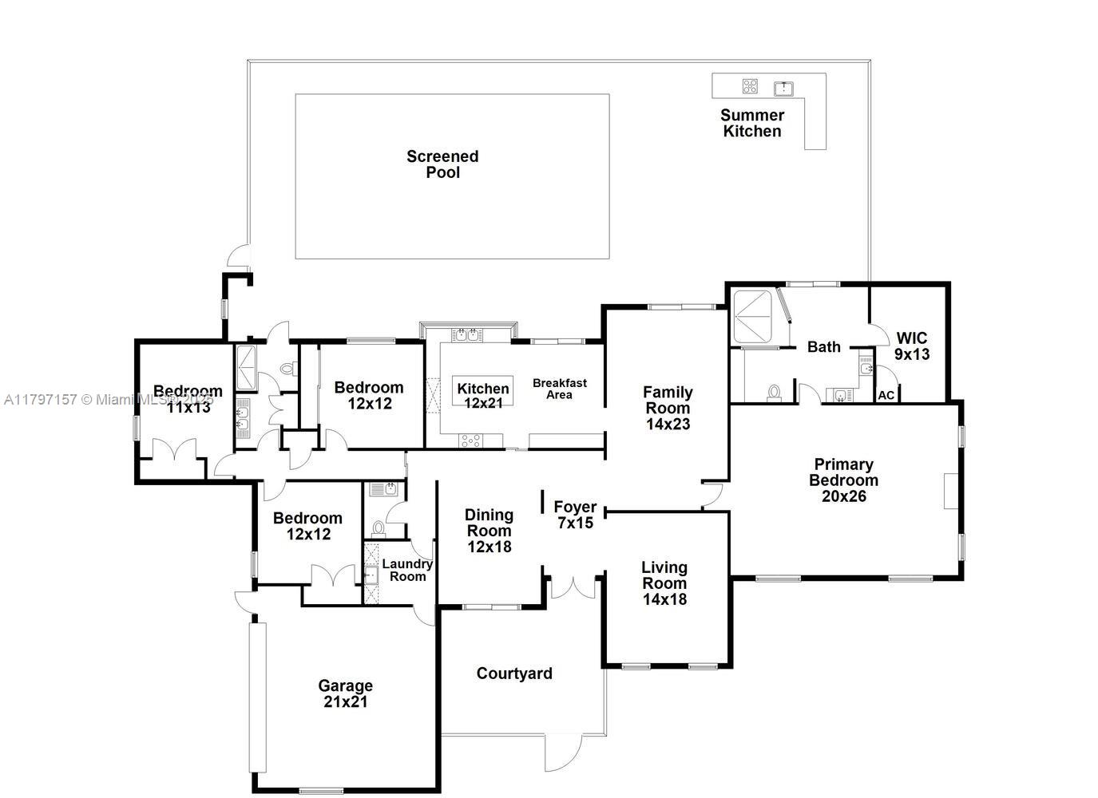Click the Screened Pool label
tap(442, 164)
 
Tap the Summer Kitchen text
tap(751, 123)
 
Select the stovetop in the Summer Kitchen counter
tap(749, 86)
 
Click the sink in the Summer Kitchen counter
tap(783, 87)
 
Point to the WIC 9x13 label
tap(911, 346)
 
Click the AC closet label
tap(886, 395)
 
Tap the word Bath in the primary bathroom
tap(823, 346)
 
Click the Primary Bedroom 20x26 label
tap(843, 480)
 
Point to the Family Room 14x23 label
tap(668, 408)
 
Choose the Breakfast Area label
tap(559, 389)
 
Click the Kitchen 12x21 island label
tap(483, 396)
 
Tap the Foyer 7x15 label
tap(575, 515)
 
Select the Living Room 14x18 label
tap(664, 583)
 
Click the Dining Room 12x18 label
tap(489, 531)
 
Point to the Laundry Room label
tap(407, 570)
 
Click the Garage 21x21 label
tap(345, 693)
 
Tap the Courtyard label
tap(514, 674)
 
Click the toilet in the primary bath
tap(773, 393)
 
